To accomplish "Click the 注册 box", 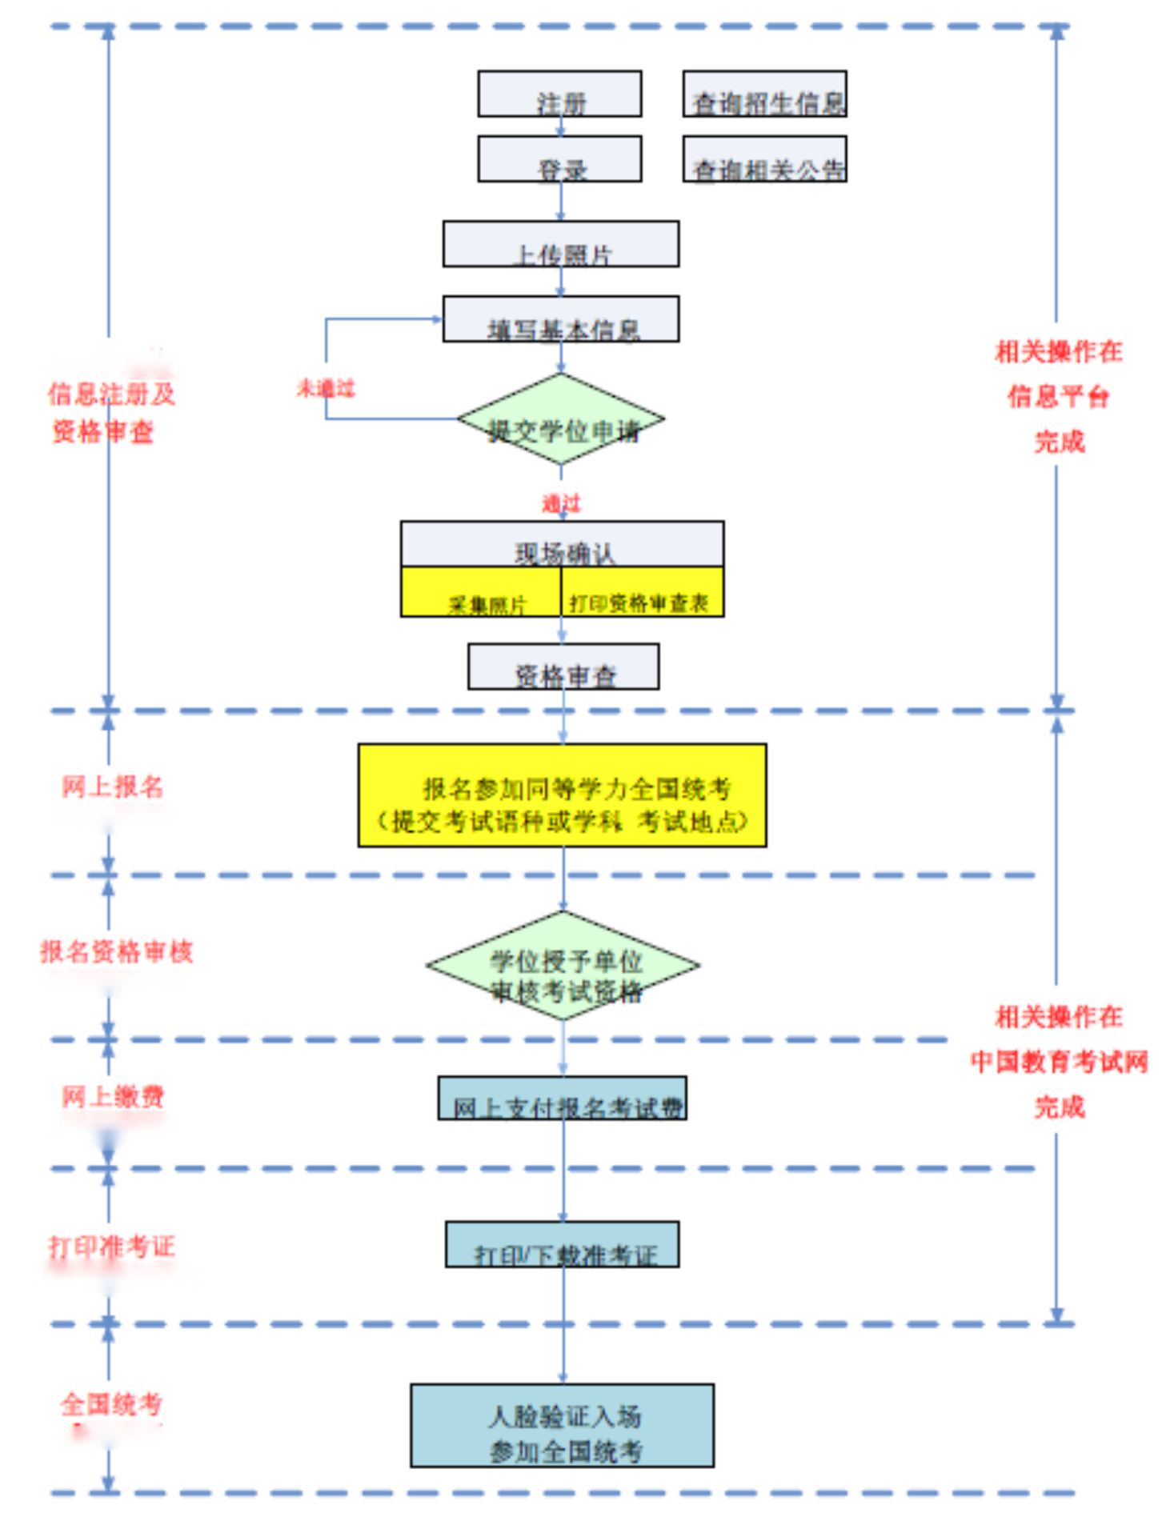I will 559,94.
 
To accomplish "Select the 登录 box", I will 559,159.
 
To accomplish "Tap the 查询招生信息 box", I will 764,94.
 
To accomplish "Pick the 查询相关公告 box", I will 764,159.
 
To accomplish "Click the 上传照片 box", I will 561,245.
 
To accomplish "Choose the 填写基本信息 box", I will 561,320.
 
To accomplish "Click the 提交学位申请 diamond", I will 561,420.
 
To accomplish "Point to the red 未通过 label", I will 326,389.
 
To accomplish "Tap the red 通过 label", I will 561,503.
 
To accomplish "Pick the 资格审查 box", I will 563,667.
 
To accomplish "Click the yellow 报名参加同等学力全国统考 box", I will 563,796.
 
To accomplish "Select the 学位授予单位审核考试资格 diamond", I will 563,967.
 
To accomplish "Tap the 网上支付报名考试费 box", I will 563,1099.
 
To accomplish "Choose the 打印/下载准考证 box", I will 563,1245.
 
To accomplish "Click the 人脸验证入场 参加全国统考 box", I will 563,1426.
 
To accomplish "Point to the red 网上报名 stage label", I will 113,787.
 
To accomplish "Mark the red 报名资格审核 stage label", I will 117,952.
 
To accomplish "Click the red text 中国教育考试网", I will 1059,1063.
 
